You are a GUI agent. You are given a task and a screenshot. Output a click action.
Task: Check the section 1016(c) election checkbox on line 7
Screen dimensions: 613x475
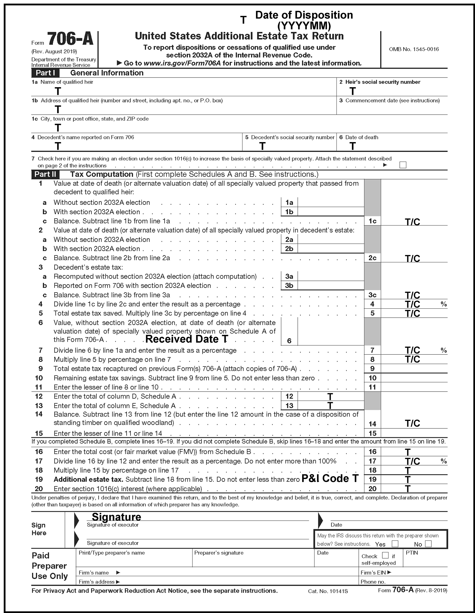[x=403, y=165]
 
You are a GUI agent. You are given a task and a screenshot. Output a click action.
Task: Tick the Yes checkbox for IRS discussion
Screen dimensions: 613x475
[x=395, y=544]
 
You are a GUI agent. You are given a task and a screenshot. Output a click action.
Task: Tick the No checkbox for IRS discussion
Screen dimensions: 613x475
[x=428, y=544]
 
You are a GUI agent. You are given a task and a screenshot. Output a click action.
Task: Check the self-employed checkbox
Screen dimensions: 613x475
[x=385, y=555]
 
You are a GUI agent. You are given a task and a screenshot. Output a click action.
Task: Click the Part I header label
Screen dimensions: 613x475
[x=45, y=73]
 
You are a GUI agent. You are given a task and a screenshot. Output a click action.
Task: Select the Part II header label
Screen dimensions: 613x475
[x=45, y=174]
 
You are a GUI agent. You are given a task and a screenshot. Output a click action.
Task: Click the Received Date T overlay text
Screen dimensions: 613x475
[x=187, y=339]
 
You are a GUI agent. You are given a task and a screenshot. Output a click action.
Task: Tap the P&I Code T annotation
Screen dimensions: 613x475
[x=330, y=478]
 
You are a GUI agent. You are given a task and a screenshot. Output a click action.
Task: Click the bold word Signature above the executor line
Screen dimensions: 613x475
[x=116, y=517]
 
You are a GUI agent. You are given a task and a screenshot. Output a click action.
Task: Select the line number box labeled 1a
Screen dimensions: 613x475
[x=289, y=202]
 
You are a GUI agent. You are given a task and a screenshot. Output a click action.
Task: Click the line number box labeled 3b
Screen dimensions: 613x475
[x=289, y=285]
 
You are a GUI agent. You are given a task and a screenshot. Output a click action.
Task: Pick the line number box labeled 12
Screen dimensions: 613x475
[x=289, y=396]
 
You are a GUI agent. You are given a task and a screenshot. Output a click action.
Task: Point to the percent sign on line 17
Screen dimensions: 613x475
[x=444, y=461]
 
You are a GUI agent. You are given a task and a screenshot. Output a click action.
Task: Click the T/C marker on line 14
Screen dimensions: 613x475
[x=412, y=423]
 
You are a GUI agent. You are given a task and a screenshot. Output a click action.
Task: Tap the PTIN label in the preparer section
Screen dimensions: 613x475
[x=412, y=553]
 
